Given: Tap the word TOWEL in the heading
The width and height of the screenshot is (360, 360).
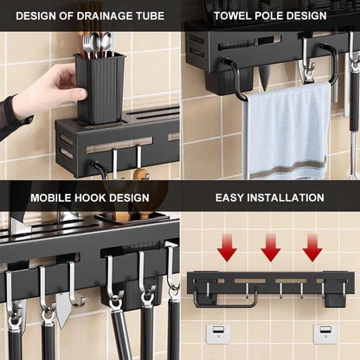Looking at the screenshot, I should pyautogui.click(x=235, y=15).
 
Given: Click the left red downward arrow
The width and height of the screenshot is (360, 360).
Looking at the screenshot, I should pyautogui.click(x=227, y=249).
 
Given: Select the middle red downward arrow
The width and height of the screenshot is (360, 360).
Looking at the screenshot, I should pyautogui.click(x=270, y=249).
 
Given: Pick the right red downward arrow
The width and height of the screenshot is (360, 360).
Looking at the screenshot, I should pyautogui.click(x=312, y=249).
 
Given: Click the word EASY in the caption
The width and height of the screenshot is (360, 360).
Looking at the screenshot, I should pyautogui.click(x=231, y=196).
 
